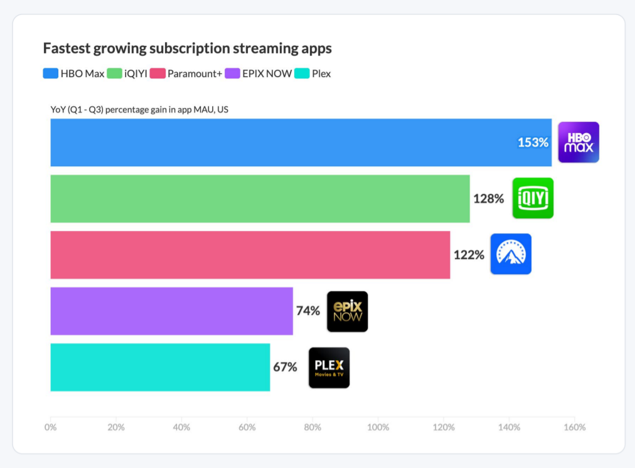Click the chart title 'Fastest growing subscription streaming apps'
click(x=187, y=48)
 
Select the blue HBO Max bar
click(x=282, y=142)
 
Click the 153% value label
click(x=533, y=142)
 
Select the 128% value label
click(x=488, y=199)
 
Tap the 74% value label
click(x=308, y=311)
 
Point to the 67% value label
click(x=285, y=367)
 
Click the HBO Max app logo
click(x=579, y=142)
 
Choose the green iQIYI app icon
click(x=533, y=198)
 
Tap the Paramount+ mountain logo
click(x=511, y=254)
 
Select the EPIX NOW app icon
click(x=347, y=311)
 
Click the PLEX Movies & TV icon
click(x=329, y=368)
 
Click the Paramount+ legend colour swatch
click(x=157, y=73)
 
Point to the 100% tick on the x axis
click(x=378, y=428)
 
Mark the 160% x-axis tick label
click(x=574, y=428)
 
